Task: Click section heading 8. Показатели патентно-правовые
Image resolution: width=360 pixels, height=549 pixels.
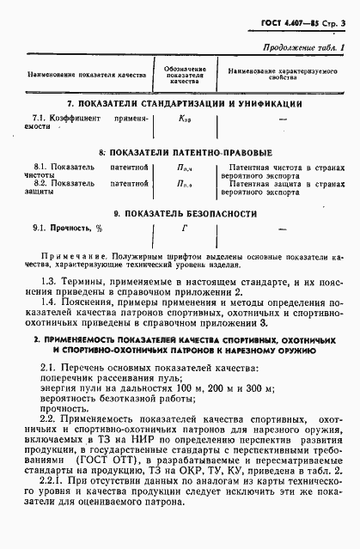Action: (x=178, y=151)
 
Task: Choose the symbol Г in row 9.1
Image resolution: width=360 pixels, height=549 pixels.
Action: (x=183, y=229)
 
